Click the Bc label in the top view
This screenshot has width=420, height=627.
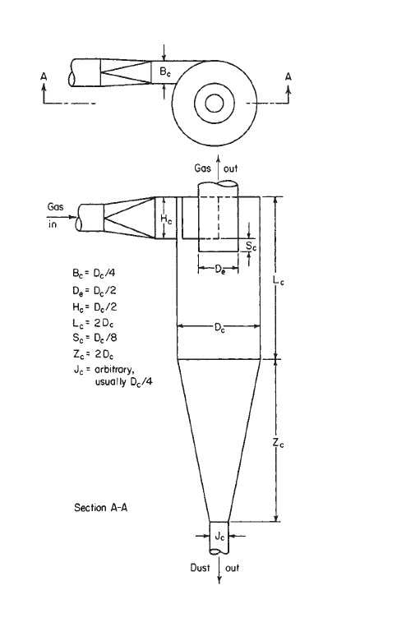click(165, 72)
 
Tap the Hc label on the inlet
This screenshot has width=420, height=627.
click(166, 219)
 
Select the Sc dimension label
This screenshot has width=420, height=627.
click(251, 247)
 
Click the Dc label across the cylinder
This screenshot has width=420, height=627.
click(219, 329)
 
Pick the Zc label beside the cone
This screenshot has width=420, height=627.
click(279, 442)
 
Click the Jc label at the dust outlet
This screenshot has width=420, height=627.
click(219, 537)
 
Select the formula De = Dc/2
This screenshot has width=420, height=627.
click(95, 291)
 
